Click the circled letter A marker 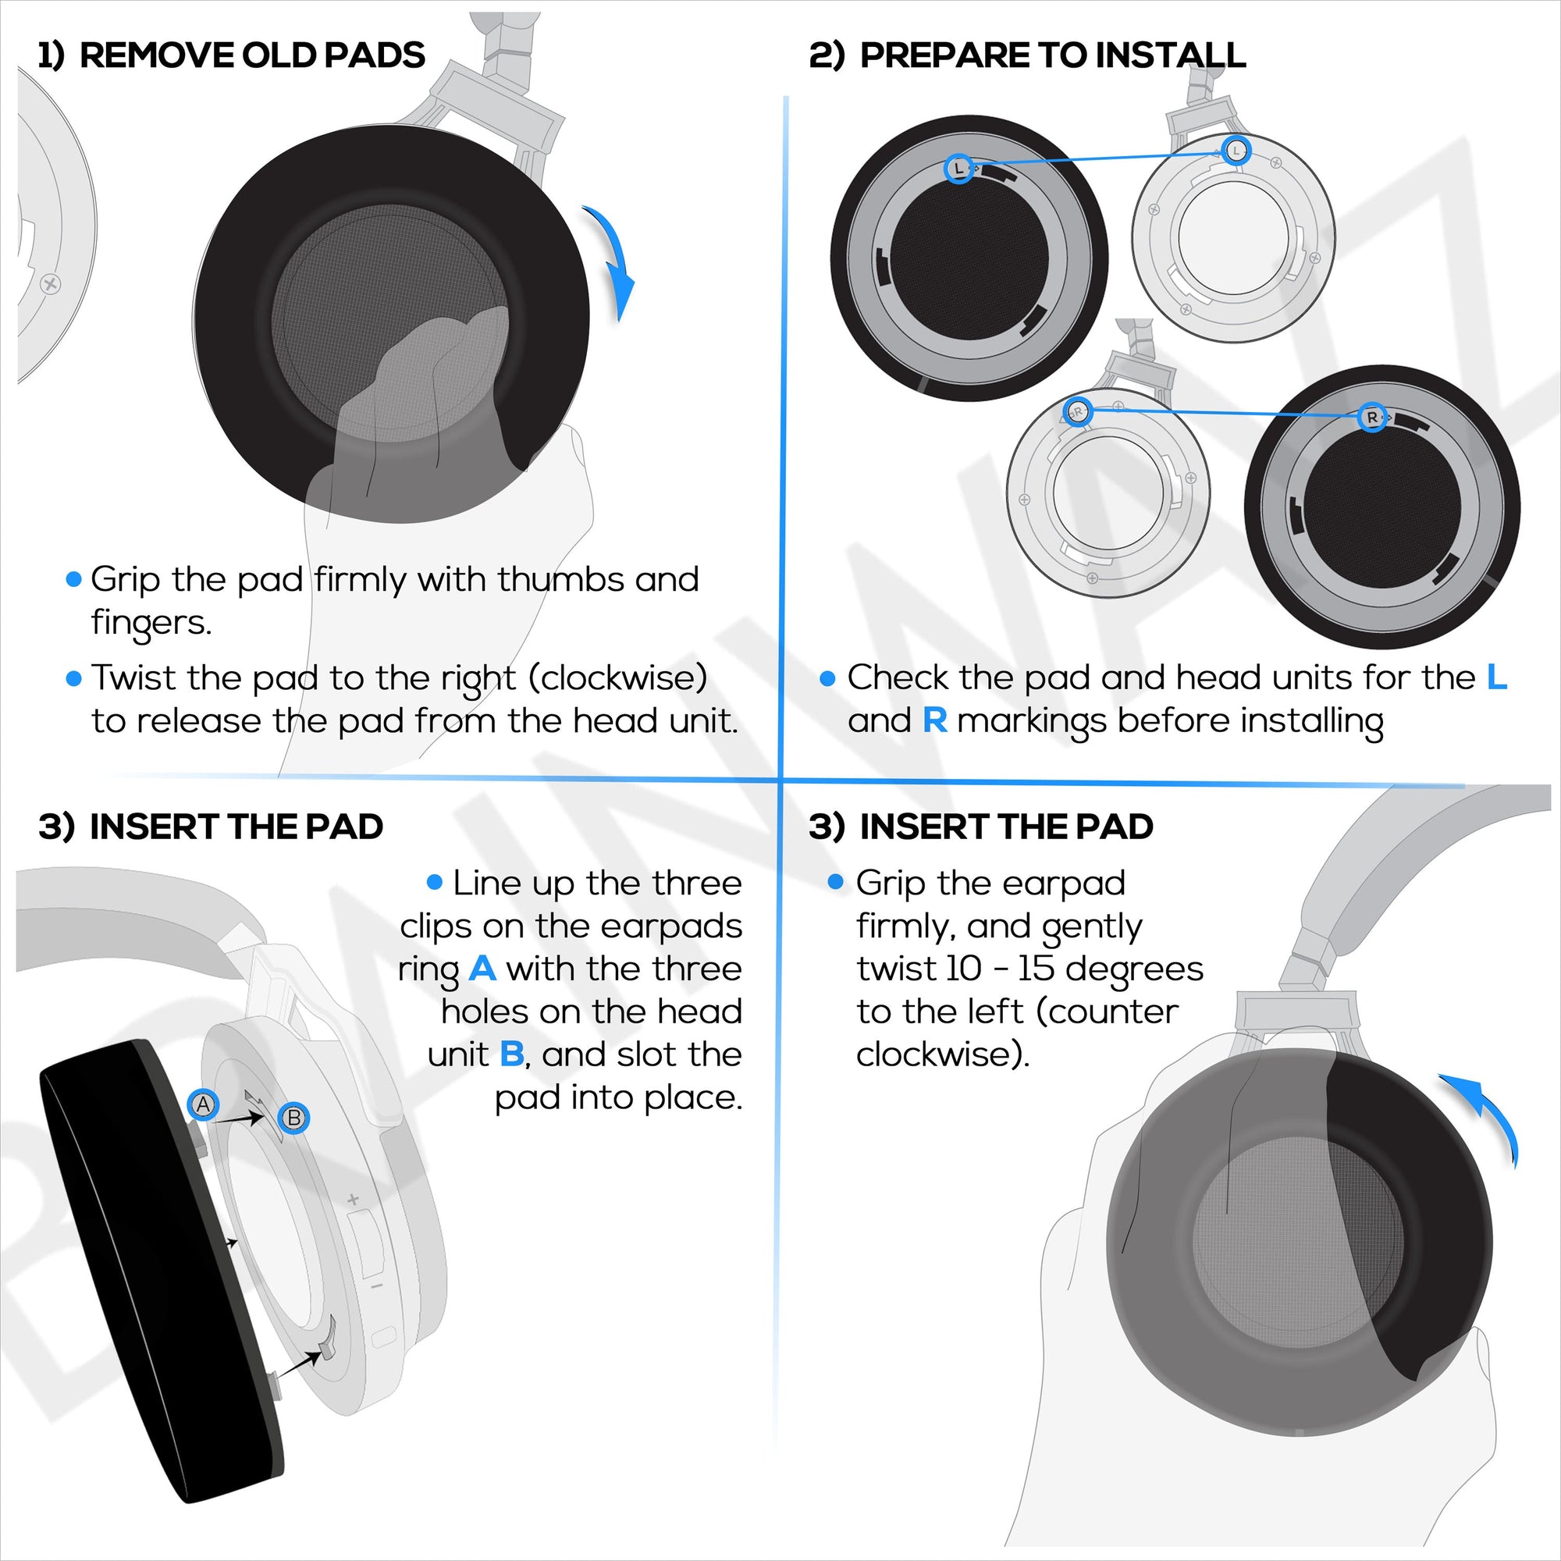click(203, 1104)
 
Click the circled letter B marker click(294, 1118)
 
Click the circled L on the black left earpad click(959, 169)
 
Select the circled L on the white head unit click(1236, 151)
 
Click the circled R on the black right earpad click(1372, 417)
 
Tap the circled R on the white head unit click(1077, 411)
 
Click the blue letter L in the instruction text click(1497, 677)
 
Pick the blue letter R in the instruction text click(935, 720)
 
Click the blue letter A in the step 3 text click(482, 968)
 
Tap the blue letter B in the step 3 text click(512, 1054)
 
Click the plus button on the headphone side click(353, 1200)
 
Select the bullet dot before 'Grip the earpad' click(835, 881)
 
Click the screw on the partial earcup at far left click(50, 283)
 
